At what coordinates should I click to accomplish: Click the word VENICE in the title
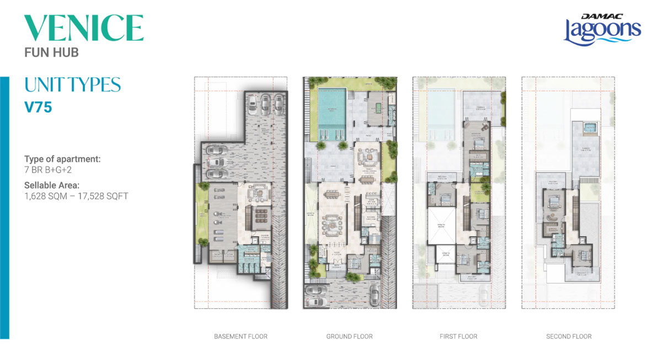[x=84, y=28]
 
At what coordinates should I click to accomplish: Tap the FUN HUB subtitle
[x=51, y=53]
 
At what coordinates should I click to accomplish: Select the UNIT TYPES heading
[x=72, y=85]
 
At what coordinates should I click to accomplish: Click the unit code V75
[x=38, y=107]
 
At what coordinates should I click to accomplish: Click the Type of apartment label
[x=62, y=159]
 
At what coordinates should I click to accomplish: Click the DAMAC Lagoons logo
[x=602, y=29]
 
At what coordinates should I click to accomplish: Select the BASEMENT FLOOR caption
[x=240, y=336]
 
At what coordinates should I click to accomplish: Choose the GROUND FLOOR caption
[x=349, y=336]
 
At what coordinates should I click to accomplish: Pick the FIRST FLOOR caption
[x=458, y=336]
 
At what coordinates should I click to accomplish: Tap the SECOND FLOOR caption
[x=568, y=336]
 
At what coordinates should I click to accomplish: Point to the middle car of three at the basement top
[x=266, y=103]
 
